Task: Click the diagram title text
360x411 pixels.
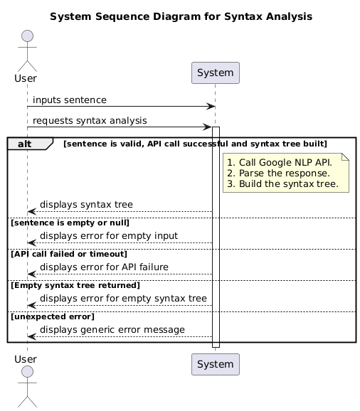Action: coord(181,16)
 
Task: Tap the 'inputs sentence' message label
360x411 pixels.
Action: coord(70,100)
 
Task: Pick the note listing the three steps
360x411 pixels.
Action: coord(285,173)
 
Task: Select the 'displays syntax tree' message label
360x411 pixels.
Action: coord(86,205)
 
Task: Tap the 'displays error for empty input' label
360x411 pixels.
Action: coord(109,235)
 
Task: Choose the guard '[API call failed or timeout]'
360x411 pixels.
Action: coord(68,254)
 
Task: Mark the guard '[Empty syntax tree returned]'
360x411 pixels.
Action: coord(75,285)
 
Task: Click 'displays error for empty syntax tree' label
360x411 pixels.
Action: coord(123,298)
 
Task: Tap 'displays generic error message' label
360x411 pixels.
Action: coord(112,330)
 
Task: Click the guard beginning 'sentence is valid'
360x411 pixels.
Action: coord(195,144)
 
